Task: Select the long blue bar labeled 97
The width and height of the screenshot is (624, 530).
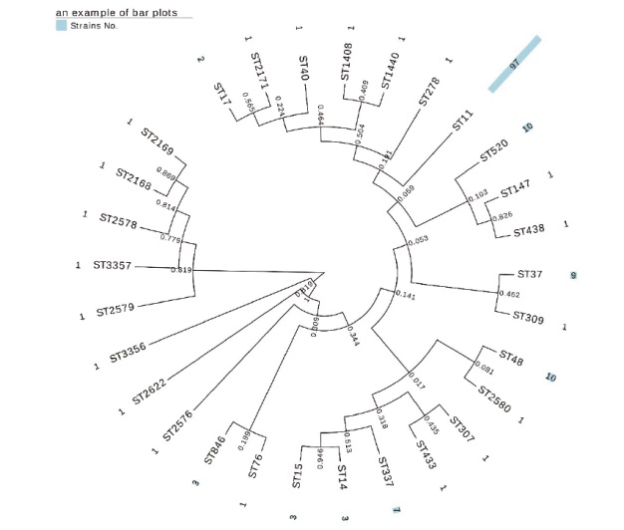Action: pyautogui.click(x=514, y=64)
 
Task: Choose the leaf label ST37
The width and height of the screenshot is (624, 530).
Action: pyautogui.click(x=529, y=274)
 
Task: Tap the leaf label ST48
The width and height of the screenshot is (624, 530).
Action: pyautogui.click(x=510, y=357)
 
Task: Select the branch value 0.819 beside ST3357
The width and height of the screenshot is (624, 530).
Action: pyautogui.click(x=180, y=270)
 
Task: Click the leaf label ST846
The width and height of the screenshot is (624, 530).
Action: pyautogui.click(x=216, y=457)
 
